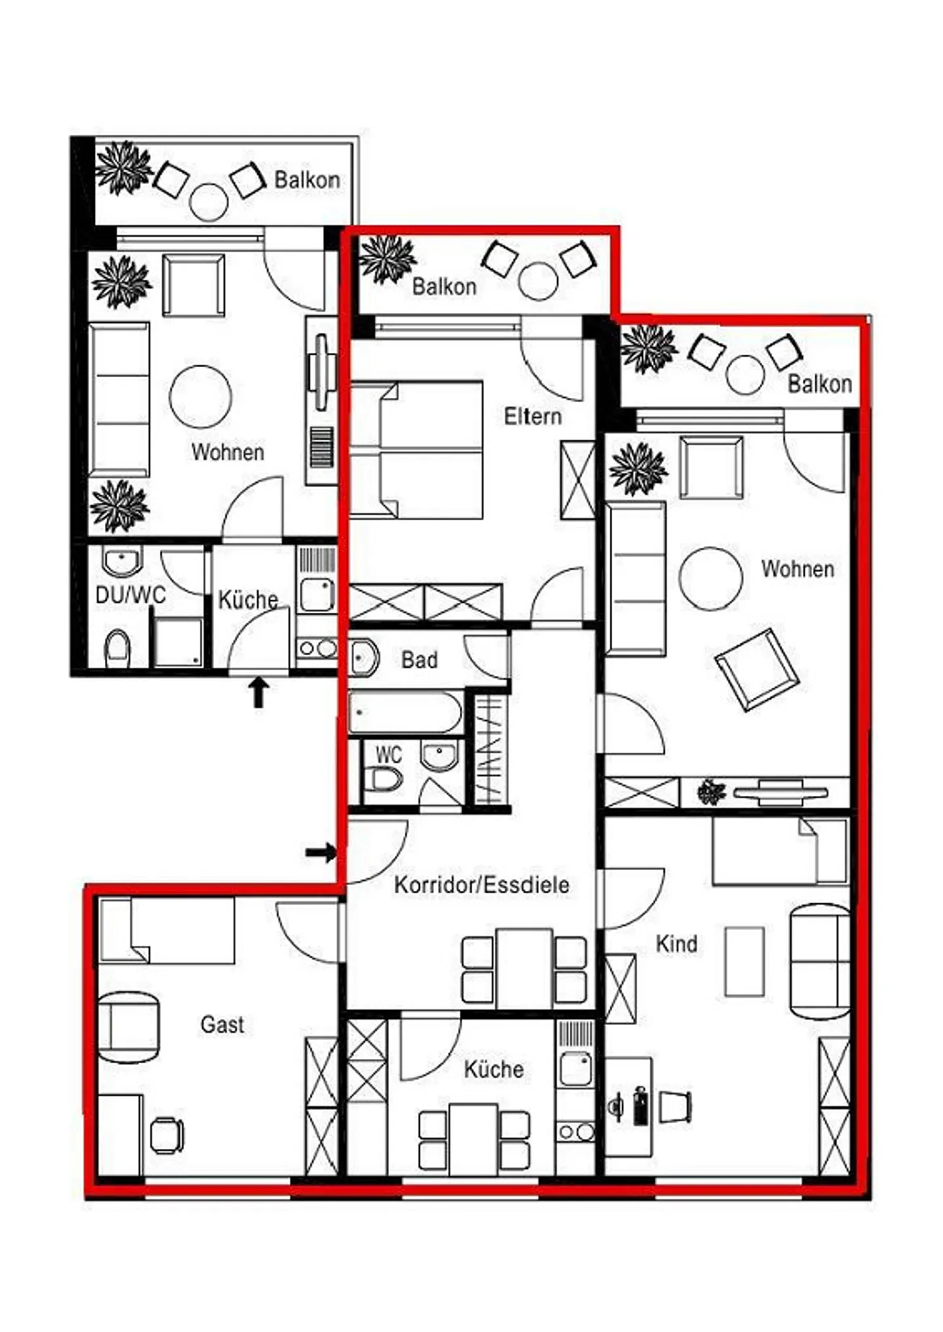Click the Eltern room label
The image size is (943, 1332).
(532, 416)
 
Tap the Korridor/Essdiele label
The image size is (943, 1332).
(481, 885)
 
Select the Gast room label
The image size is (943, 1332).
(223, 1024)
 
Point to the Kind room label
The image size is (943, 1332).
(676, 944)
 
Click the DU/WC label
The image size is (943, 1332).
(131, 595)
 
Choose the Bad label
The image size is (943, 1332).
(419, 660)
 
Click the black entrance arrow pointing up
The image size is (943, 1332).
(259, 693)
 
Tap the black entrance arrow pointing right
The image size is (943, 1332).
(321, 852)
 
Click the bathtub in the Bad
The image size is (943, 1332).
(405, 712)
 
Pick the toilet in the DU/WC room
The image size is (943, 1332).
(118, 648)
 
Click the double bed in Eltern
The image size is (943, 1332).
(416, 450)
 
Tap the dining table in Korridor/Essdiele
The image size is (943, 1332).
(524, 969)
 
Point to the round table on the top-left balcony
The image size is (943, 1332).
(208, 202)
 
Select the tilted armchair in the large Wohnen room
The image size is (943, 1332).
(757, 669)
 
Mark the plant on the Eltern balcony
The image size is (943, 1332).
(388, 259)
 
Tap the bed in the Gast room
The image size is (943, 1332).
(166, 930)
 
